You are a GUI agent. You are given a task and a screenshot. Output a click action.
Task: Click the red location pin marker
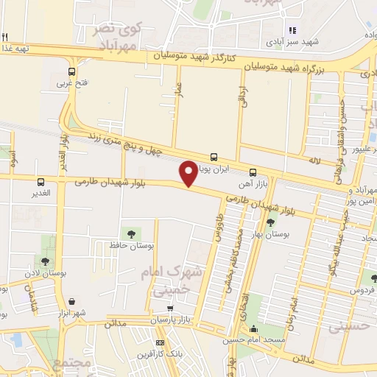188,172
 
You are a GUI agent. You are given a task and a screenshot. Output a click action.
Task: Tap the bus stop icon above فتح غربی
71,72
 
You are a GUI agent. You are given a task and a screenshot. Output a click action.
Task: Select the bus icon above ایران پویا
214,156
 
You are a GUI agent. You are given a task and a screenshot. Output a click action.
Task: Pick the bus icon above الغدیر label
40,181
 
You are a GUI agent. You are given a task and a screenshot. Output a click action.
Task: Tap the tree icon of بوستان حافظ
131,234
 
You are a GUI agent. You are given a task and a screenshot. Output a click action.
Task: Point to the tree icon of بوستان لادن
45,261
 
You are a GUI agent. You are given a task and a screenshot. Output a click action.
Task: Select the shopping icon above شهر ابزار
73,301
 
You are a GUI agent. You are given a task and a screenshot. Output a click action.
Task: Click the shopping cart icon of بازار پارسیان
171,309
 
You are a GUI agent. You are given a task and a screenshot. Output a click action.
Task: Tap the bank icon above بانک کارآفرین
161,342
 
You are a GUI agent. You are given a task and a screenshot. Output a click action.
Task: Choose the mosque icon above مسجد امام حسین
254,328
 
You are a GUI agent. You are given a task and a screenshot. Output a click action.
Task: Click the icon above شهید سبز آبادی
292,30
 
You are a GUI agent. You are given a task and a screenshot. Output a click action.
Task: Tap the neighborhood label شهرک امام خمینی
163,281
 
